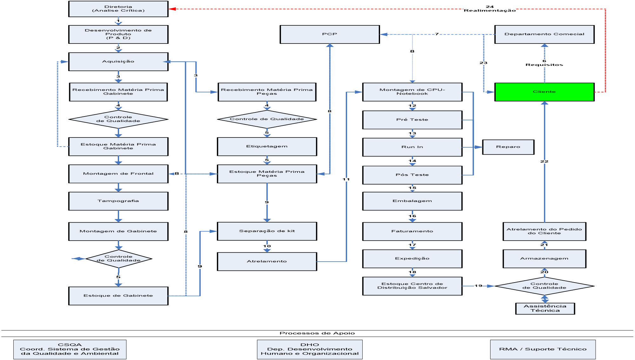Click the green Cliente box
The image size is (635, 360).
544,92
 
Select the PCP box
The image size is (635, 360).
330,34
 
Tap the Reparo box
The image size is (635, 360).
508,147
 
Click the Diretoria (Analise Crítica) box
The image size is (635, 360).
118,9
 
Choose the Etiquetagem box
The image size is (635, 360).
267,146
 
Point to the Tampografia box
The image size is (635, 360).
118,201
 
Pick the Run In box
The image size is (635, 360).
412,147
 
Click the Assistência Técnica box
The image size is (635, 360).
545,309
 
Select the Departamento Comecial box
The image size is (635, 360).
544,34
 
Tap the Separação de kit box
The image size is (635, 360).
267,231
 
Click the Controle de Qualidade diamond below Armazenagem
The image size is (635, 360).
544,286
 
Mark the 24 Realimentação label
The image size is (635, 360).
490,9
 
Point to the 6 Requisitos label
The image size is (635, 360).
544,63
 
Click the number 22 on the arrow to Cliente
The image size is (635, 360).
544,162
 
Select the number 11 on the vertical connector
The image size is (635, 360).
346,180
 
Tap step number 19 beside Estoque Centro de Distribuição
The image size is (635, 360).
478,286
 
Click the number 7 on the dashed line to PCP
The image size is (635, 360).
437,34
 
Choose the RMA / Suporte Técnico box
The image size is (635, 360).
543,349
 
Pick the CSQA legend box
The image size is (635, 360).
70,349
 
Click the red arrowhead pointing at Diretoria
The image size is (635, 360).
172,9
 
